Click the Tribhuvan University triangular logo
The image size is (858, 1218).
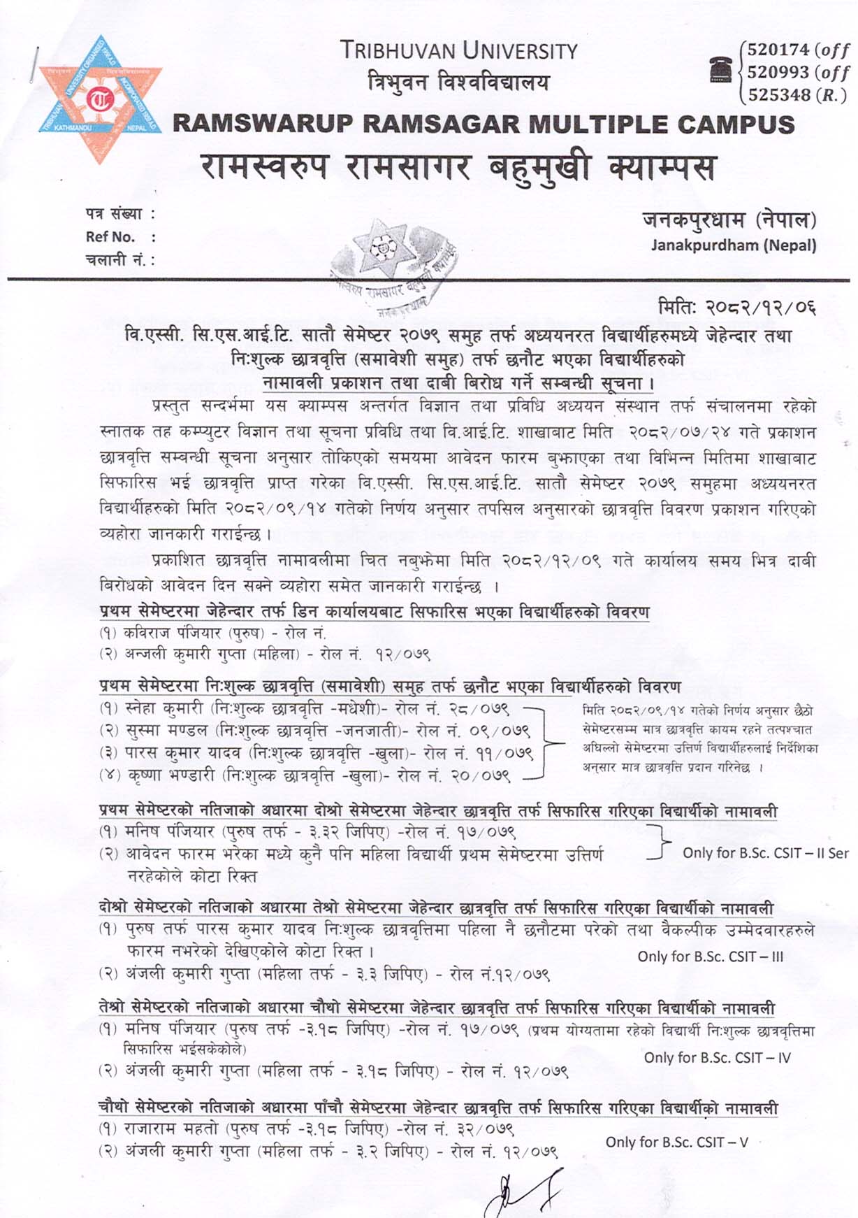100,100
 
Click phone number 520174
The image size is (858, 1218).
778,50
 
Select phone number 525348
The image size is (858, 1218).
778,94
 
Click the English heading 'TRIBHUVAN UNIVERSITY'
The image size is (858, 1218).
459,51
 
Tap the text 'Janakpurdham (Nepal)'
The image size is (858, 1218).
733,245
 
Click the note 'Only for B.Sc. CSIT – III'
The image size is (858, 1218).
710,957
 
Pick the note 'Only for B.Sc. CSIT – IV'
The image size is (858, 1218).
717,1058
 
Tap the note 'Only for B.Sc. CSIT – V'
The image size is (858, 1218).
676,1142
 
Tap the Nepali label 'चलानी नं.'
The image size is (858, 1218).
116,260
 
